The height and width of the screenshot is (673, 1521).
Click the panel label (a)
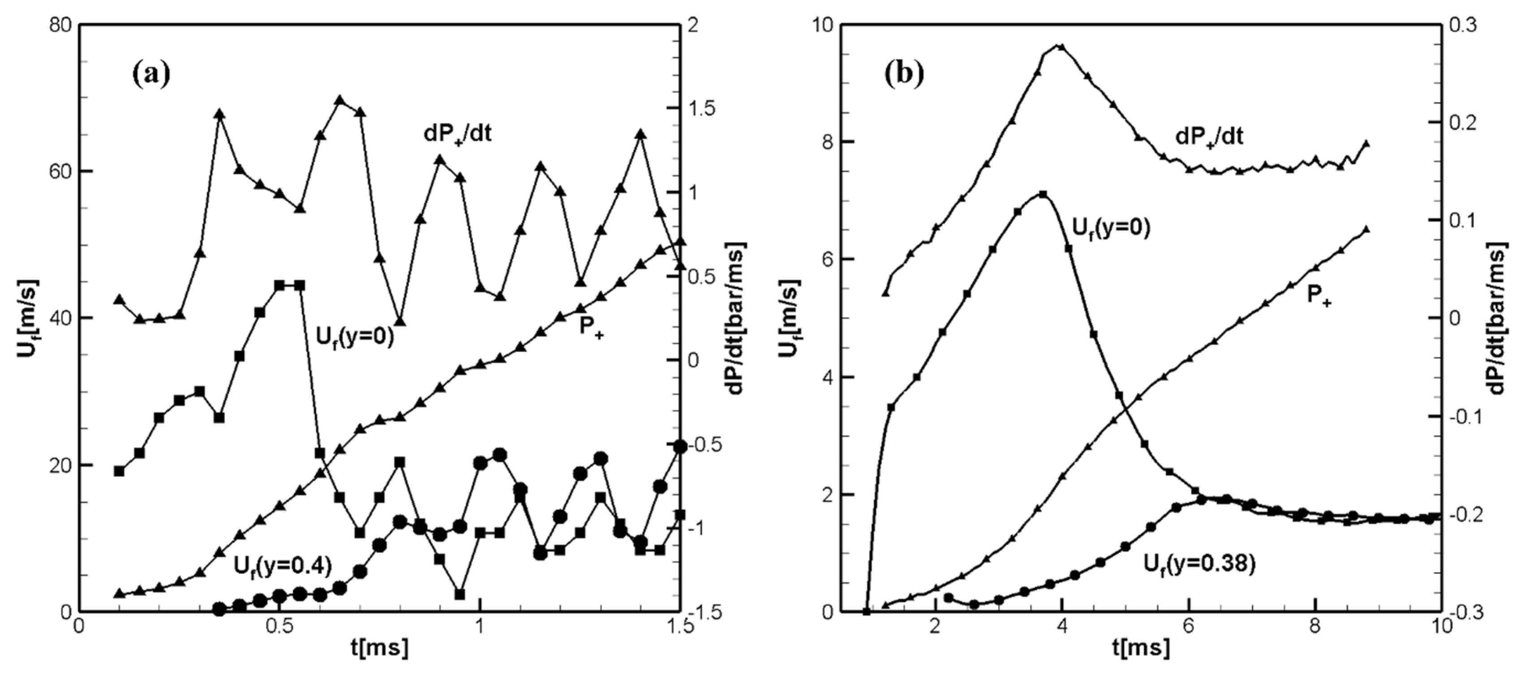pyautogui.click(x=151, y=75)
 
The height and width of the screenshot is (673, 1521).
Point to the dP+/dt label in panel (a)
pyautogui.click(x=458, y=134)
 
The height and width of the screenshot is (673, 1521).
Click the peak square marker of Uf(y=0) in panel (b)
pyautogui.click(x=1043, y=195)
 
